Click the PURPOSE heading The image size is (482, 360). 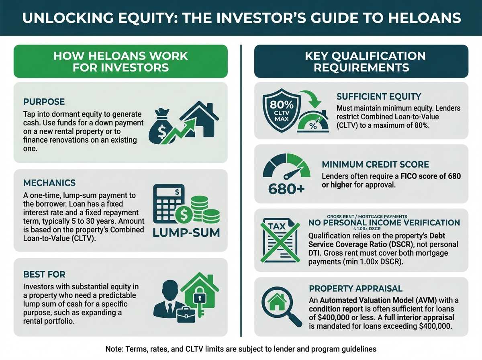[x=44, y=102]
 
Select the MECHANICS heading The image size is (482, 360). [x=49, y=183]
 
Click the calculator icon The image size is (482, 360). [x=168, y=204]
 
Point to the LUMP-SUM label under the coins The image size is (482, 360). [x=186, y=233]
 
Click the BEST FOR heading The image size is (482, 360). [x=44, y=274]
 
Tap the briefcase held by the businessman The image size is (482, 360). [x=186, y=315]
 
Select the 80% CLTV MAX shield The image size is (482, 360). [x=282, y=110]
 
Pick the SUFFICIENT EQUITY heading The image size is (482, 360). [x=379, y=97]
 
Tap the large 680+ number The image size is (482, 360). [x=286, y=189]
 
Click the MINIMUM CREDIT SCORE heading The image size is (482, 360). [x=375, y=164]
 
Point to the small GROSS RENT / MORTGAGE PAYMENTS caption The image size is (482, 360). [x=367, y=217]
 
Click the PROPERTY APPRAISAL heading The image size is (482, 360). [x=356, y=288]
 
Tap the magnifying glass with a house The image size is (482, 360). [x=282, y=307]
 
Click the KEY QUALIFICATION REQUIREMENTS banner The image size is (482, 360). [x=361, y=61]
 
